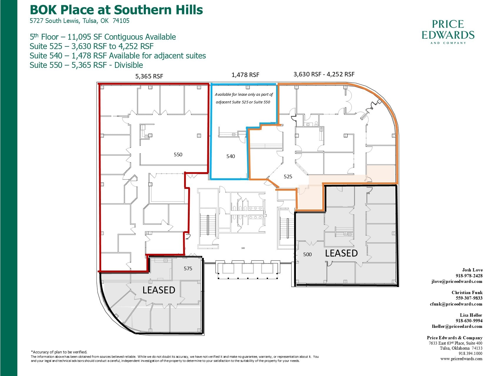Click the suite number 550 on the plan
[x=178, y=155]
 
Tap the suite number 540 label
[x=231, y=156]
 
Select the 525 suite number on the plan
[x=288, y=177]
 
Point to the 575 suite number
[x=188, y=268]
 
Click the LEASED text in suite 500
[x=341, y=253]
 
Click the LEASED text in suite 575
[x=159, y=290]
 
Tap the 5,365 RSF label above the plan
[x=149, y=76]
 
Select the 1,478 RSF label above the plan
[x=245, y=75]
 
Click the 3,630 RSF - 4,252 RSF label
[x=324, y=74]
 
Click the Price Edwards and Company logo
[x=448, y=32]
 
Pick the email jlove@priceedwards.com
[x=457, y=281]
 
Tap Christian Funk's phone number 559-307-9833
[x=469, y=298]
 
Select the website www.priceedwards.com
[x=461, y=359]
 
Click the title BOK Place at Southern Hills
[x=116, y=10]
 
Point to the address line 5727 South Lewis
[x=79, y=21]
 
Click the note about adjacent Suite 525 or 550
[x=244, y=98]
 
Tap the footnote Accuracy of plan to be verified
[x=59, y=352]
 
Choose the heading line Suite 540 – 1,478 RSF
[x=118, y=56]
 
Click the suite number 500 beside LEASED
[x=307, y=254]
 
